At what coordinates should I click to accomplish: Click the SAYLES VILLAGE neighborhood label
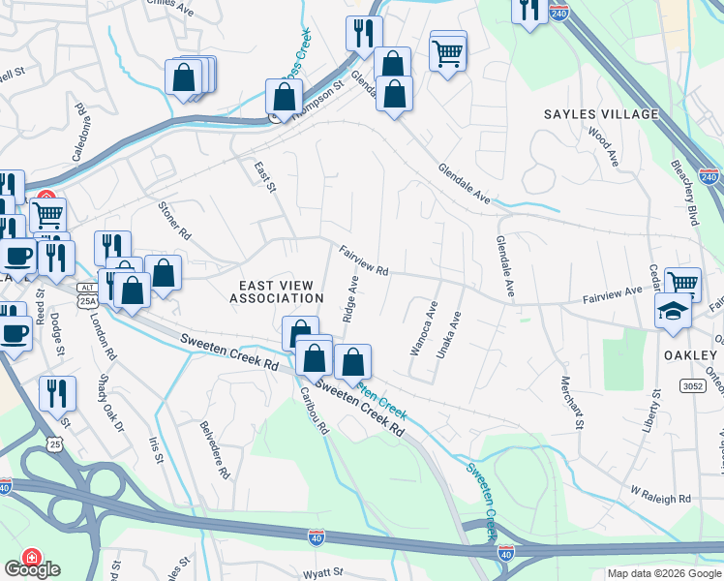600,114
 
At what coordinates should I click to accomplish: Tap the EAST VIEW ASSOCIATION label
276,291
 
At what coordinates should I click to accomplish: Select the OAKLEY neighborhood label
690,355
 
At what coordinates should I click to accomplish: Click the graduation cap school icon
673,312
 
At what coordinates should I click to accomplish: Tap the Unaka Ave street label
449,335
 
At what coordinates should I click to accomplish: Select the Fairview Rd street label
364,260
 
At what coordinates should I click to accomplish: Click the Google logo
32,569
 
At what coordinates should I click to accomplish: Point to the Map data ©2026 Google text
664,573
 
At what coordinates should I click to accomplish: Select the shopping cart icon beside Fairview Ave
682,284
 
